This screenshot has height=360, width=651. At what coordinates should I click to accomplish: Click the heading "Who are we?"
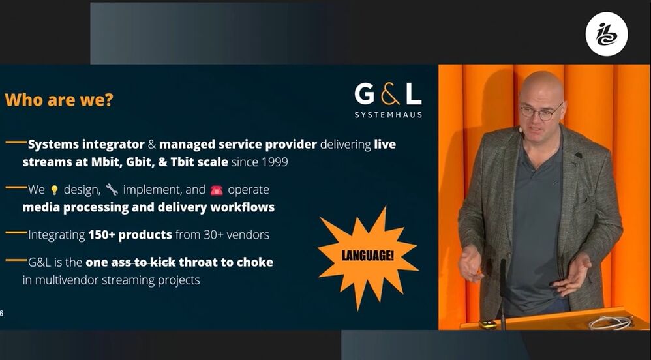click(59, 100)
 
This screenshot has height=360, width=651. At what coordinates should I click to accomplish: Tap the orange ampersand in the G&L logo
click(389, 94)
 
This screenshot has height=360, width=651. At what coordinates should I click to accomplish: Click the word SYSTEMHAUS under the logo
click(388, 115)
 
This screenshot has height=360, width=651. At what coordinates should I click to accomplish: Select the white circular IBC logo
click(606, 34)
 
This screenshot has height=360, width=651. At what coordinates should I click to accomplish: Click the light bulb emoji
click(54, 190)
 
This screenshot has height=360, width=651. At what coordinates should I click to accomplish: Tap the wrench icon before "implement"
click(112, 190)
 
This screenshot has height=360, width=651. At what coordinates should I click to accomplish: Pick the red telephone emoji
click(217, 190)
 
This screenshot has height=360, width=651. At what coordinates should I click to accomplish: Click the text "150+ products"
click(130, 235)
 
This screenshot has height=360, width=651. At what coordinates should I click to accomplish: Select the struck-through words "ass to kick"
click(144, 262)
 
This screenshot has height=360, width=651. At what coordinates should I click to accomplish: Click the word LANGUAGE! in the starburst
click(367, 256)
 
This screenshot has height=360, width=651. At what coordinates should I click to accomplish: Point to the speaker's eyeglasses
click(541, 112)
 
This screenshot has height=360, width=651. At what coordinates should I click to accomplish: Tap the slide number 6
click(2, 313)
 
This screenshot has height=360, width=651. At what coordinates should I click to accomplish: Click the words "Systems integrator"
click(86, 145)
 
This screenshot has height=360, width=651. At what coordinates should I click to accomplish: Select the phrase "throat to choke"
click(226, 262)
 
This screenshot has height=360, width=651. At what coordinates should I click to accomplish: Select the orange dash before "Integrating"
click(16, 233)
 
